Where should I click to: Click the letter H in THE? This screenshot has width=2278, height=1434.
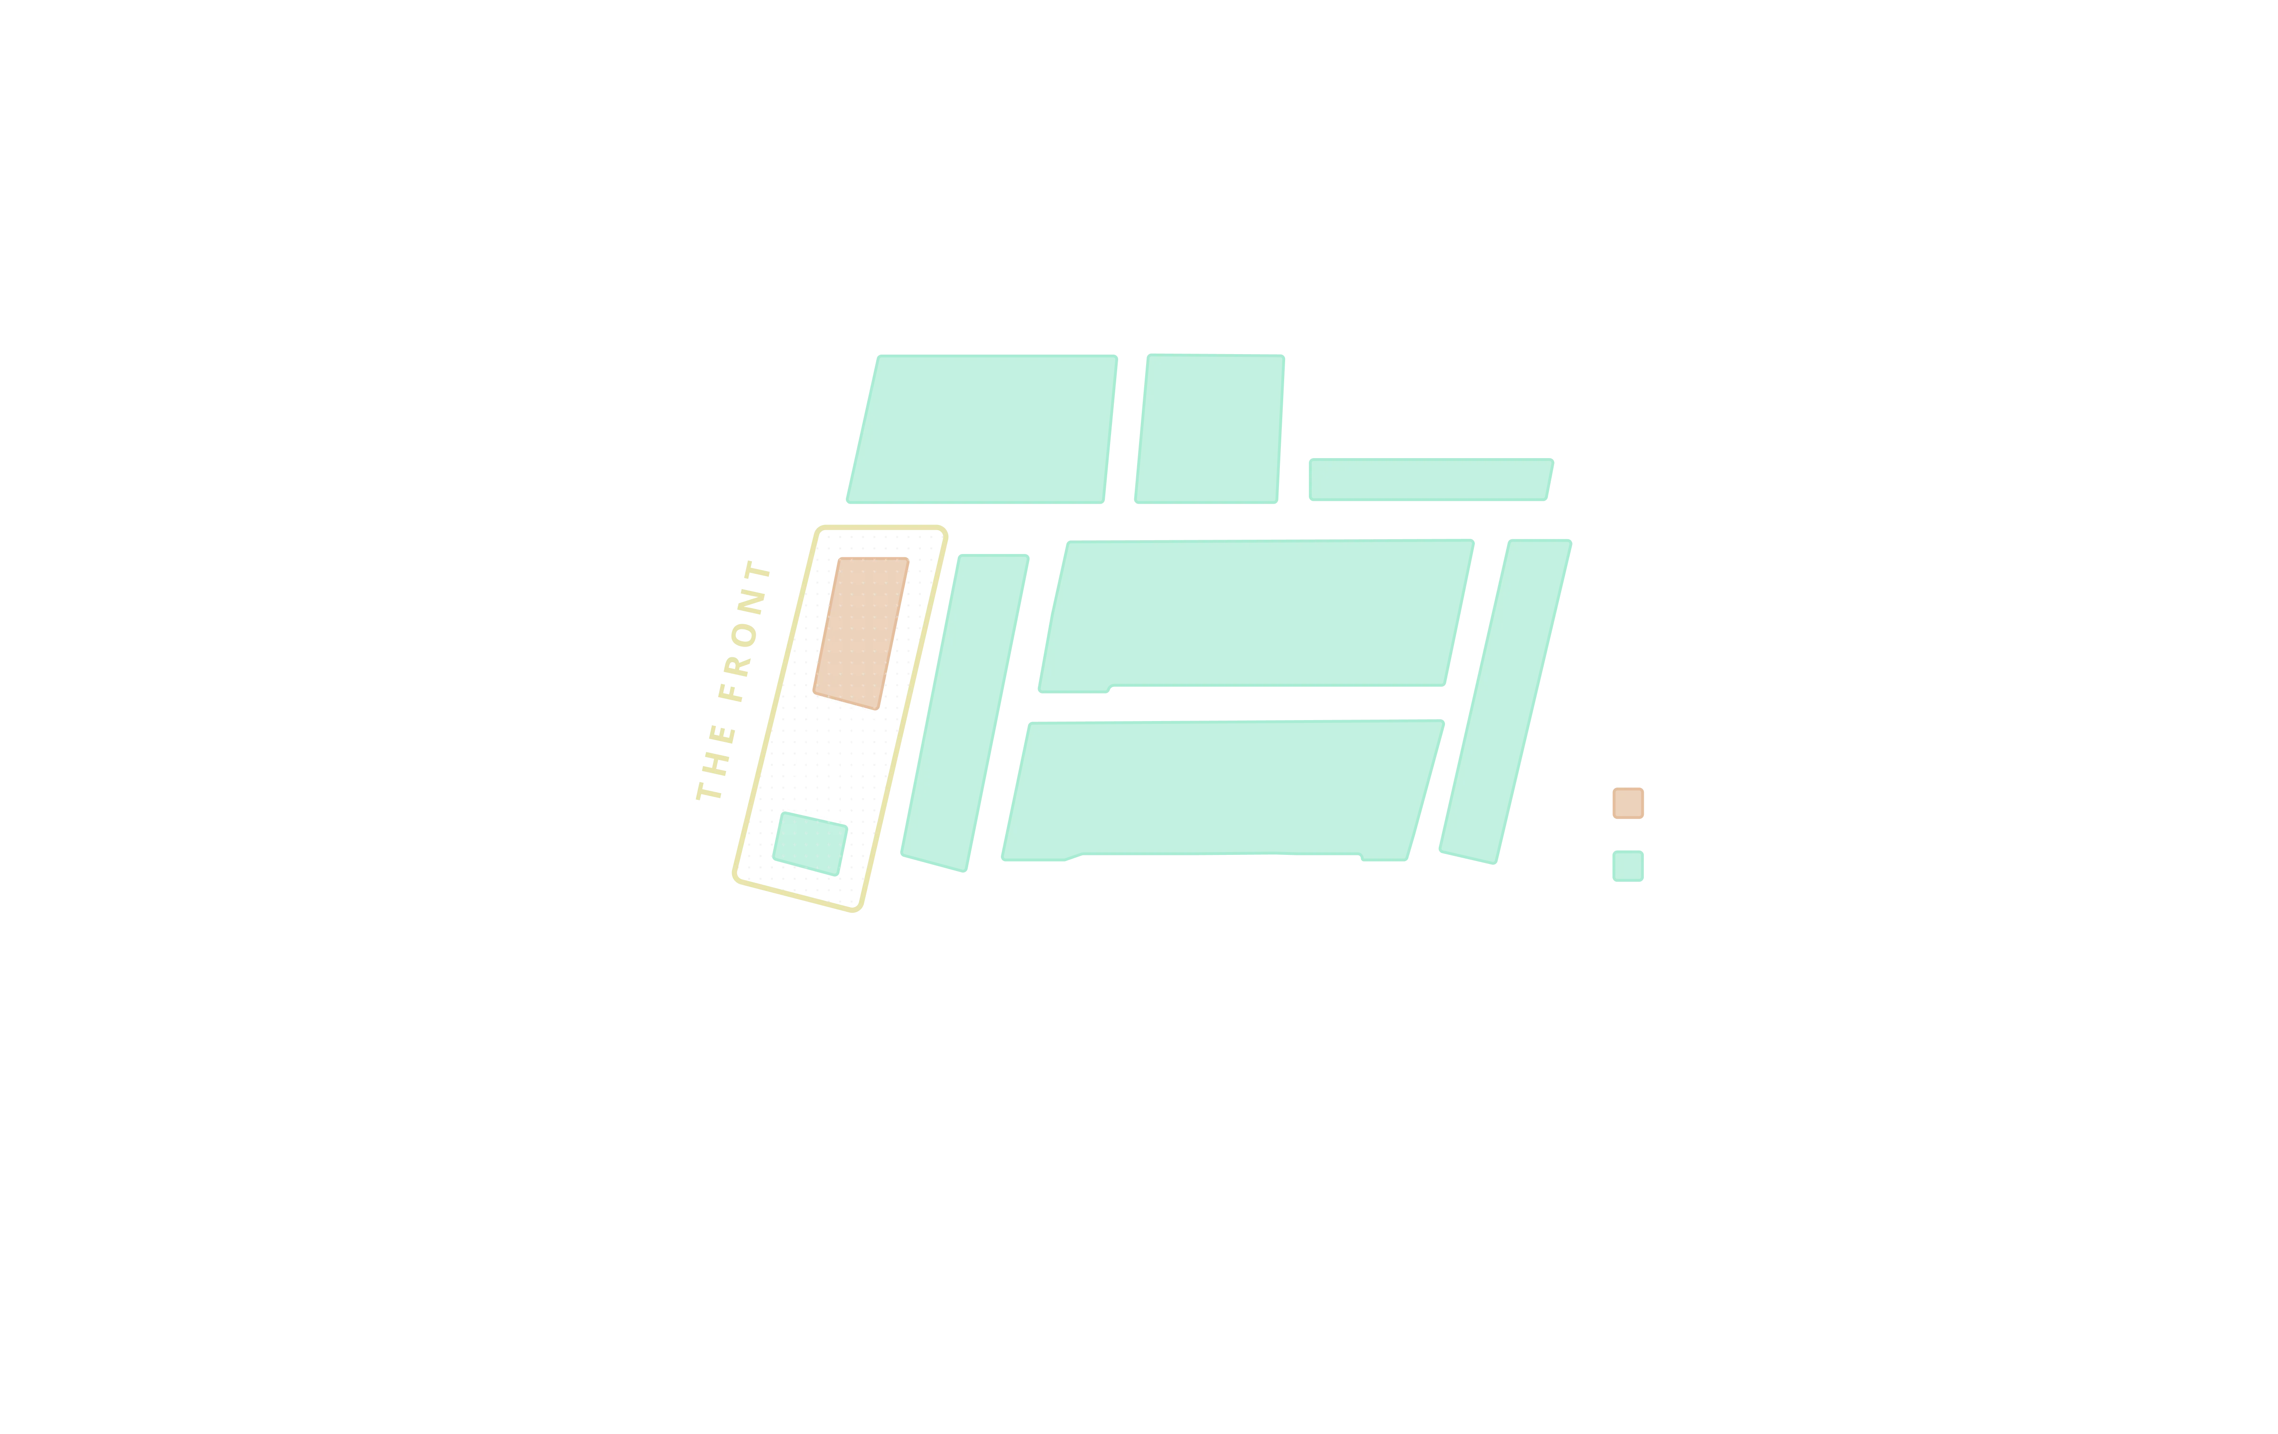click(716, 764)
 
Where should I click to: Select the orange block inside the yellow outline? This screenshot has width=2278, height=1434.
click(861, 633)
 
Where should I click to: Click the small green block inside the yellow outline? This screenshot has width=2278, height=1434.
click(810, 844)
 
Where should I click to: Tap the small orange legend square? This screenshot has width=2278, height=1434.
click(1628, 803)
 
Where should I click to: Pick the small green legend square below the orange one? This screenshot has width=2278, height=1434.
click(1628, 866)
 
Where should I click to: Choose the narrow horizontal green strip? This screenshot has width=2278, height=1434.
click(1430, 480)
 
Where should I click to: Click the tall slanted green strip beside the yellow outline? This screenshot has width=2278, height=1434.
click(965, 713)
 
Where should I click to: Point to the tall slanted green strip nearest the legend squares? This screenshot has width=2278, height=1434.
click(1505, 702)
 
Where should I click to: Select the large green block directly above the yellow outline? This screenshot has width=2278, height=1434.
click(982, 430)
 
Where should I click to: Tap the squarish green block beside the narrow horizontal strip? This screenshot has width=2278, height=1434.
click(1210, 429)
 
